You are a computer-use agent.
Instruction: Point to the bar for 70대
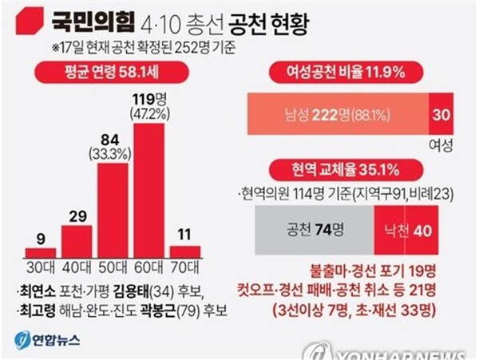(x=185, y=251)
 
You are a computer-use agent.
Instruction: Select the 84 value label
(x=113, y=140)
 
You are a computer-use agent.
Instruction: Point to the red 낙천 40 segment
(x=411, y=230)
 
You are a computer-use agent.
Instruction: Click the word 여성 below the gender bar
(x=441, y=145)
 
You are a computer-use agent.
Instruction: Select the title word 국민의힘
(x=89, y=18)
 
